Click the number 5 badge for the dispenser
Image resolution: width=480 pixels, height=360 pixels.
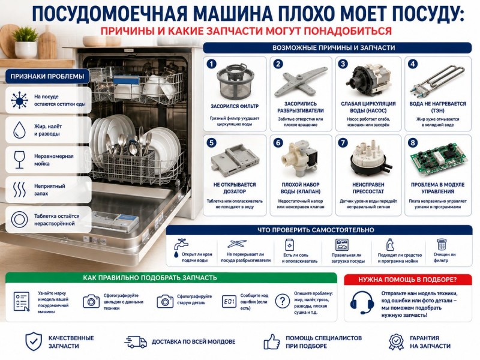point(212,143)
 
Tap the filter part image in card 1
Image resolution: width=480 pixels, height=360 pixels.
point(235,82)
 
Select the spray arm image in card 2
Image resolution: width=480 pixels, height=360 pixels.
point(301,82)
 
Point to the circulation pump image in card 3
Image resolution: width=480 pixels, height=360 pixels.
point(368,80)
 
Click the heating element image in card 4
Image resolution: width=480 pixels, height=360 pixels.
point(437,80)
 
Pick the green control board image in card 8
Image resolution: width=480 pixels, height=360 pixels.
point(438,160)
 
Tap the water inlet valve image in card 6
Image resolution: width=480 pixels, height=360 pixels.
point(301,158)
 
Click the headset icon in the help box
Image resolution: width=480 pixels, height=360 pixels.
point(362,302)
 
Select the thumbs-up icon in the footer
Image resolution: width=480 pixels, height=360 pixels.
point(272,341)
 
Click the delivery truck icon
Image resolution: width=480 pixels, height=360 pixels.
point(136,342)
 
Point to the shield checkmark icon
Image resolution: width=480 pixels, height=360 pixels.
point(34,341)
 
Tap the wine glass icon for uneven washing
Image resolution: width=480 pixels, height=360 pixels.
point(19,160)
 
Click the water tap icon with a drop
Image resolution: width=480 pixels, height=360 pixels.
point(180,248)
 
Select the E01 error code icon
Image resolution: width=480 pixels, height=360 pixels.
point(229,302)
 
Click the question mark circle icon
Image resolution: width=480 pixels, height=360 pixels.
point(282,301)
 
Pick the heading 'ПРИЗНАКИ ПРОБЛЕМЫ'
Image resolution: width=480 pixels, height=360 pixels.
point(47,76)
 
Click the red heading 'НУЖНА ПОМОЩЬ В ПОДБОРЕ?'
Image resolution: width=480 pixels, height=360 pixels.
point(407,280)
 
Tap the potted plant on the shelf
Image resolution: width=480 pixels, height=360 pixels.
point(26,42)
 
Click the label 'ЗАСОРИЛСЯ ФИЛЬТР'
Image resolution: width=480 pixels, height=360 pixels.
point(235,106)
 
